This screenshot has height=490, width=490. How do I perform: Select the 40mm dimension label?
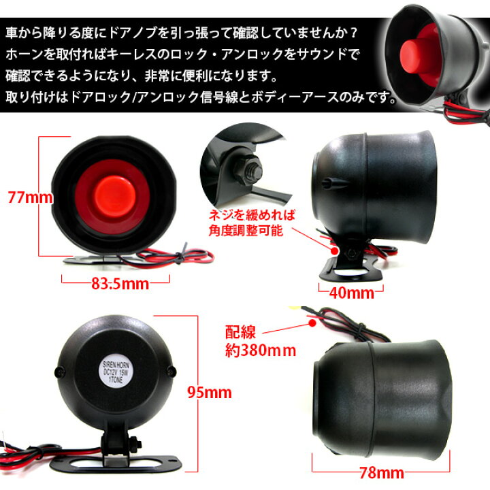coord(352,293)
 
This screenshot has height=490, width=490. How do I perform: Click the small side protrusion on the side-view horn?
coord(328,182)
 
